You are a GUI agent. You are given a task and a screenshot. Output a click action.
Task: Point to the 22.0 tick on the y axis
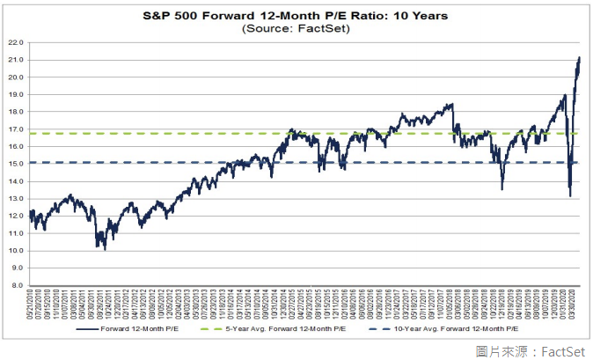pyautogui.click(x=16, y=41)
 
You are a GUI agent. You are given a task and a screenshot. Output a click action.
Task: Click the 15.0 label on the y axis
pyautogui.click(x=16, y=164)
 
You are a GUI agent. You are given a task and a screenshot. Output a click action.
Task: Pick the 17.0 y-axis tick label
pyautogui.click(x=16, y=129)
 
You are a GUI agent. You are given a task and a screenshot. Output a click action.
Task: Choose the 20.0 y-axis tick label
pyautogui.click(x=16, y=77)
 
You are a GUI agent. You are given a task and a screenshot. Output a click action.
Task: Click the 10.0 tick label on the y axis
pyautogui.click(x=16, y=251)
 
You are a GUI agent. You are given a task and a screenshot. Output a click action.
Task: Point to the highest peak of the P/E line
pyautogui.click(x=580, y=58)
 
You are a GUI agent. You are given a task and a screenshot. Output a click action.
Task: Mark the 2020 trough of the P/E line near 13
pyautogui.click(x=570, y=195)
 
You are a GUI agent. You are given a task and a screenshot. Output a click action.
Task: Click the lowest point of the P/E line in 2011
pyautogui.click(x=106, y=249)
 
